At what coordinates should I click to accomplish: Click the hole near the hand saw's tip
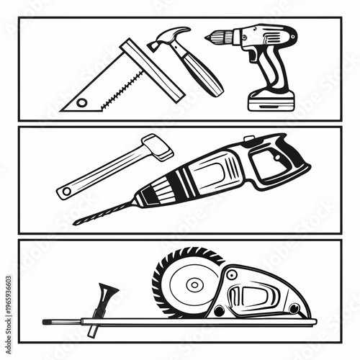[x=81, y=102]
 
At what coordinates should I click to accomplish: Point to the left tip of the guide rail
[x=45, y=321]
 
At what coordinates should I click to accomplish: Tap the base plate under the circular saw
[x=216, y=320]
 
